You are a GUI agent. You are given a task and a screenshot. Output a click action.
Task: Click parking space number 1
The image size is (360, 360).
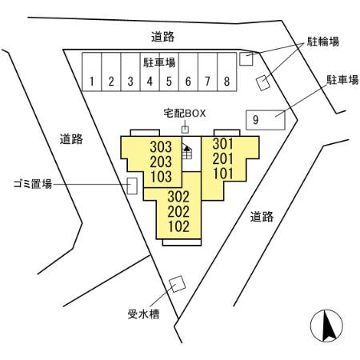tap(92, 72)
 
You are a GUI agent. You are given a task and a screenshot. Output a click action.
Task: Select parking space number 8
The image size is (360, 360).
tap(227, 72)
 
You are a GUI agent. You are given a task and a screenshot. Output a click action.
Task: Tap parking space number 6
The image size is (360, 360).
tap(188, 72)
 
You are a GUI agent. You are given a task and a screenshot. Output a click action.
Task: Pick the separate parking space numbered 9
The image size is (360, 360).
tap(266, 120)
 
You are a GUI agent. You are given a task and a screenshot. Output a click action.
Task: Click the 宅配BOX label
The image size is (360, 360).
tap(185, 114)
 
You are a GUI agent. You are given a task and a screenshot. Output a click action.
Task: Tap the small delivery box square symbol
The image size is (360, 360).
tap(185, 130)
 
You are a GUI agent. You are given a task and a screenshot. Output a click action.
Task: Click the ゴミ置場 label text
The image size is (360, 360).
tap(33, 184)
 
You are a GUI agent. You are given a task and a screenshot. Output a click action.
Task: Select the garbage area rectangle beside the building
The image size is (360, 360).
tap(132, 186)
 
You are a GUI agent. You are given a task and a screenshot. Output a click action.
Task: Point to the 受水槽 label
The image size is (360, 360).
tap(143, 314)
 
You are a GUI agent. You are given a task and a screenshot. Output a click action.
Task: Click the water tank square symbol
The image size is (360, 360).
tap(177, 284)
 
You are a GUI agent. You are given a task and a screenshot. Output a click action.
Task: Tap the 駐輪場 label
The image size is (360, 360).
tap(323, 42)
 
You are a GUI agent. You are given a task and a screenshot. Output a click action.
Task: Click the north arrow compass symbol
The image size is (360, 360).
tap(326, 326)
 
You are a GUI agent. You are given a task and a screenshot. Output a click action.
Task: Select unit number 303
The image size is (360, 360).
tap(161, 146)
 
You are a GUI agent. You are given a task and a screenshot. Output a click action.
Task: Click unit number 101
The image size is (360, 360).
tap(223, 174)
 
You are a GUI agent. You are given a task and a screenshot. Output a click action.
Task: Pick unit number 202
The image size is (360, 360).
tap(178, 211)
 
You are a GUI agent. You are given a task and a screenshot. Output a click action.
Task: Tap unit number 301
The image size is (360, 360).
tap(223, 144)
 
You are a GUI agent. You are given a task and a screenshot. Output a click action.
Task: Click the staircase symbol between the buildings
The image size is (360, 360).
tap(187, 151)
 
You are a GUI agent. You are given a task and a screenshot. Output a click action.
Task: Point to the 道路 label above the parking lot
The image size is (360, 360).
tap(163, 37)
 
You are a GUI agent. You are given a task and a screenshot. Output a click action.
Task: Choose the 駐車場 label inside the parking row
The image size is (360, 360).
tap(159, 62)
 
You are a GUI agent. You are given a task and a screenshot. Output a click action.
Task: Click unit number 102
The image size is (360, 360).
tap(178, 226)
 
